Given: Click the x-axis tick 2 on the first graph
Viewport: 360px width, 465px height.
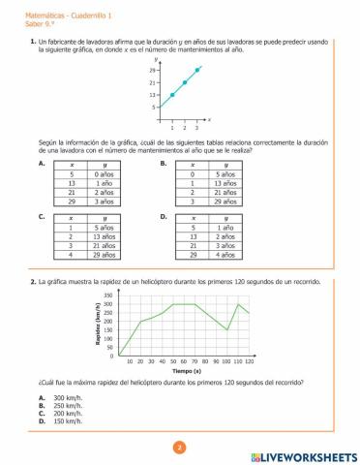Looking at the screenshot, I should (184, 128).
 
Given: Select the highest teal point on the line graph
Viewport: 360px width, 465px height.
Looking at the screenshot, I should (197, 70).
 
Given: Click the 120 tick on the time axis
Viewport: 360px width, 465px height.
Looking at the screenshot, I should (249, 360).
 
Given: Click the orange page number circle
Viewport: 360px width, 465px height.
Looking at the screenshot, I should (179, 447).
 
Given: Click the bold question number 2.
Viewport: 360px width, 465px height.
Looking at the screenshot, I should (33, 281).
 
